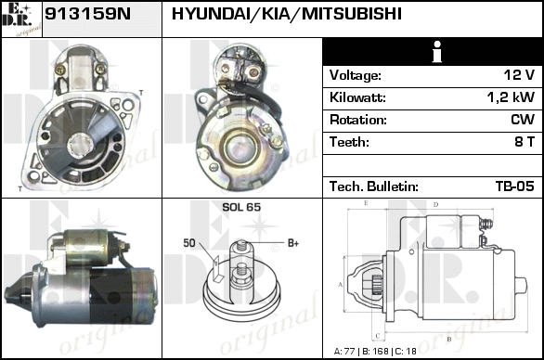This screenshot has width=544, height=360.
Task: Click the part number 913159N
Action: [88, 14]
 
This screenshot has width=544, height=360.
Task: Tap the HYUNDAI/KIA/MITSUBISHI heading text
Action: [287, 14]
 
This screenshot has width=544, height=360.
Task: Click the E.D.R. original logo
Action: [21, 19]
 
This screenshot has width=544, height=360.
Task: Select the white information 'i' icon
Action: [437, 52]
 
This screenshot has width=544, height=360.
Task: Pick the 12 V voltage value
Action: [519, 75]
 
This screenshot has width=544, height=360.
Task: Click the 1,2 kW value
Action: [511, 97]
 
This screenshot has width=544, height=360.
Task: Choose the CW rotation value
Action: [523, 120]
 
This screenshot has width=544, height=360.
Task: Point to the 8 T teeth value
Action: [525, 142]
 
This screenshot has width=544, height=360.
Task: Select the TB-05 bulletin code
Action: [515, 186]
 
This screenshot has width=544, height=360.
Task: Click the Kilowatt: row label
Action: [357, 97]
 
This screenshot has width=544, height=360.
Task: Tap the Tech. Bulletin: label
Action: [374, 186]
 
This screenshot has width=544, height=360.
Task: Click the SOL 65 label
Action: [241, 207]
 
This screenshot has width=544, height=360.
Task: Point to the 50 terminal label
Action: [189, 243]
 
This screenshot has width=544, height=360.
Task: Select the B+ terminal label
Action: [293, 243]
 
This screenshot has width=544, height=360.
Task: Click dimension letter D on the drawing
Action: [435, 205]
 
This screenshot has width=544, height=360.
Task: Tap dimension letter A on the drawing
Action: [341, 285]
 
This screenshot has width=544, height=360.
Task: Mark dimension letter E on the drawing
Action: [366, 203]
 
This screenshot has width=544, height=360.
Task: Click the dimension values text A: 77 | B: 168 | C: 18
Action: [375, 352]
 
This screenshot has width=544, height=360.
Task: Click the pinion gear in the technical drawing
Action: [377, 285]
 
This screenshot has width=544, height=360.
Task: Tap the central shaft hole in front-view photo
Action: [81, 146]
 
